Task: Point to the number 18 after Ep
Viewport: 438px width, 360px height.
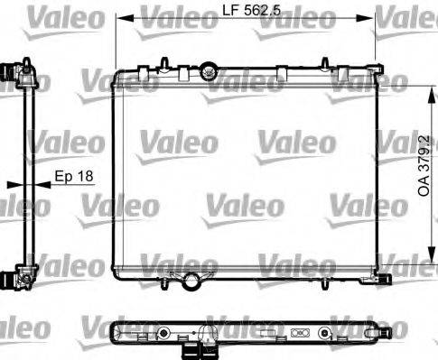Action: pos(85,177)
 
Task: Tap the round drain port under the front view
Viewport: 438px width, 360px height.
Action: pos(191,282)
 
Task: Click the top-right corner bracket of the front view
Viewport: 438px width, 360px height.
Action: pos(377,68)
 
